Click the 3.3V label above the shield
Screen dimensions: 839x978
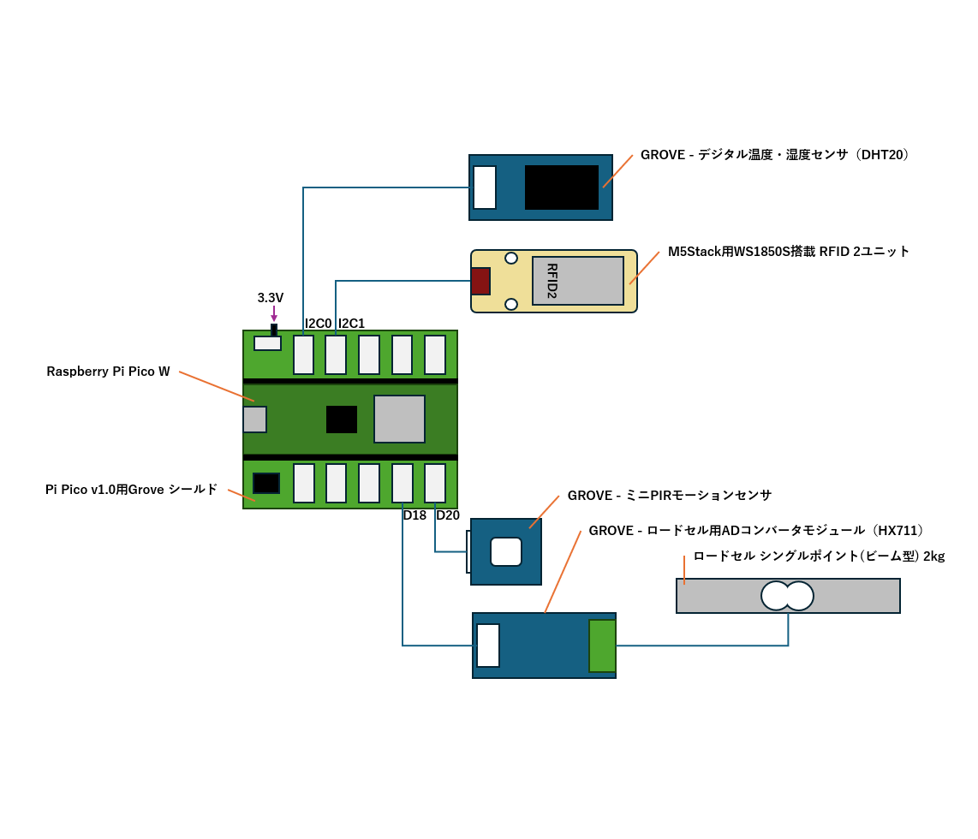pyautogui.click(x=271, y=298)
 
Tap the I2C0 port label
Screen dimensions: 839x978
pyautogui.click(x=319, y=324)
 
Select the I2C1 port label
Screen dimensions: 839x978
pyautogui.click(x=352, y=324)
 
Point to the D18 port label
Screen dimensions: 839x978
pyautogui.click(x=414, y=515)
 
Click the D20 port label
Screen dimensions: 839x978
pyautogui.click(x=448, y=515)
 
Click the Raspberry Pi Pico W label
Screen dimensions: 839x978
pyautogui.click(x=108, y=372)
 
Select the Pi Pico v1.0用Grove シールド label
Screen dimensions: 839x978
pyautogui.click(x=131, y=490)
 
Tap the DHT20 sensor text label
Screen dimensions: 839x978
pyautogui.click(x=774, y=155)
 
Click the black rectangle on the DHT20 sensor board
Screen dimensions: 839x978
pyautogui.click(x=562, y=187)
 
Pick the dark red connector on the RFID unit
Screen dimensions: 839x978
pyautogui.click(x=480, y=282)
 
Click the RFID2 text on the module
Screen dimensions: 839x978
pyautogui.click(x=552, y=281)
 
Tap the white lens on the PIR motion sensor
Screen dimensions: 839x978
pyautogui.click(x=506, y=552)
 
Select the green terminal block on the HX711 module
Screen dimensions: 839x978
pyautogui.click(x=602, y=646)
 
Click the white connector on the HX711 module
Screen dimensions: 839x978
pyautogui.click(x=488, y=646)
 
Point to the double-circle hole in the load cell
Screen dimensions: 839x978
pyautogui.click(x=788, y=596)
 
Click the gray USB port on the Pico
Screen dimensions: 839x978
pyautogui.click(x=255, y=419)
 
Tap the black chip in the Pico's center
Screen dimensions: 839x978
pyautogui.click(x=342, y=419)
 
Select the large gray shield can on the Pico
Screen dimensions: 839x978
pyautogui.click(x=399, y=419)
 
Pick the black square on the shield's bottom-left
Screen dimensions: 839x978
pyautogui.click(x=266, y=483)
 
